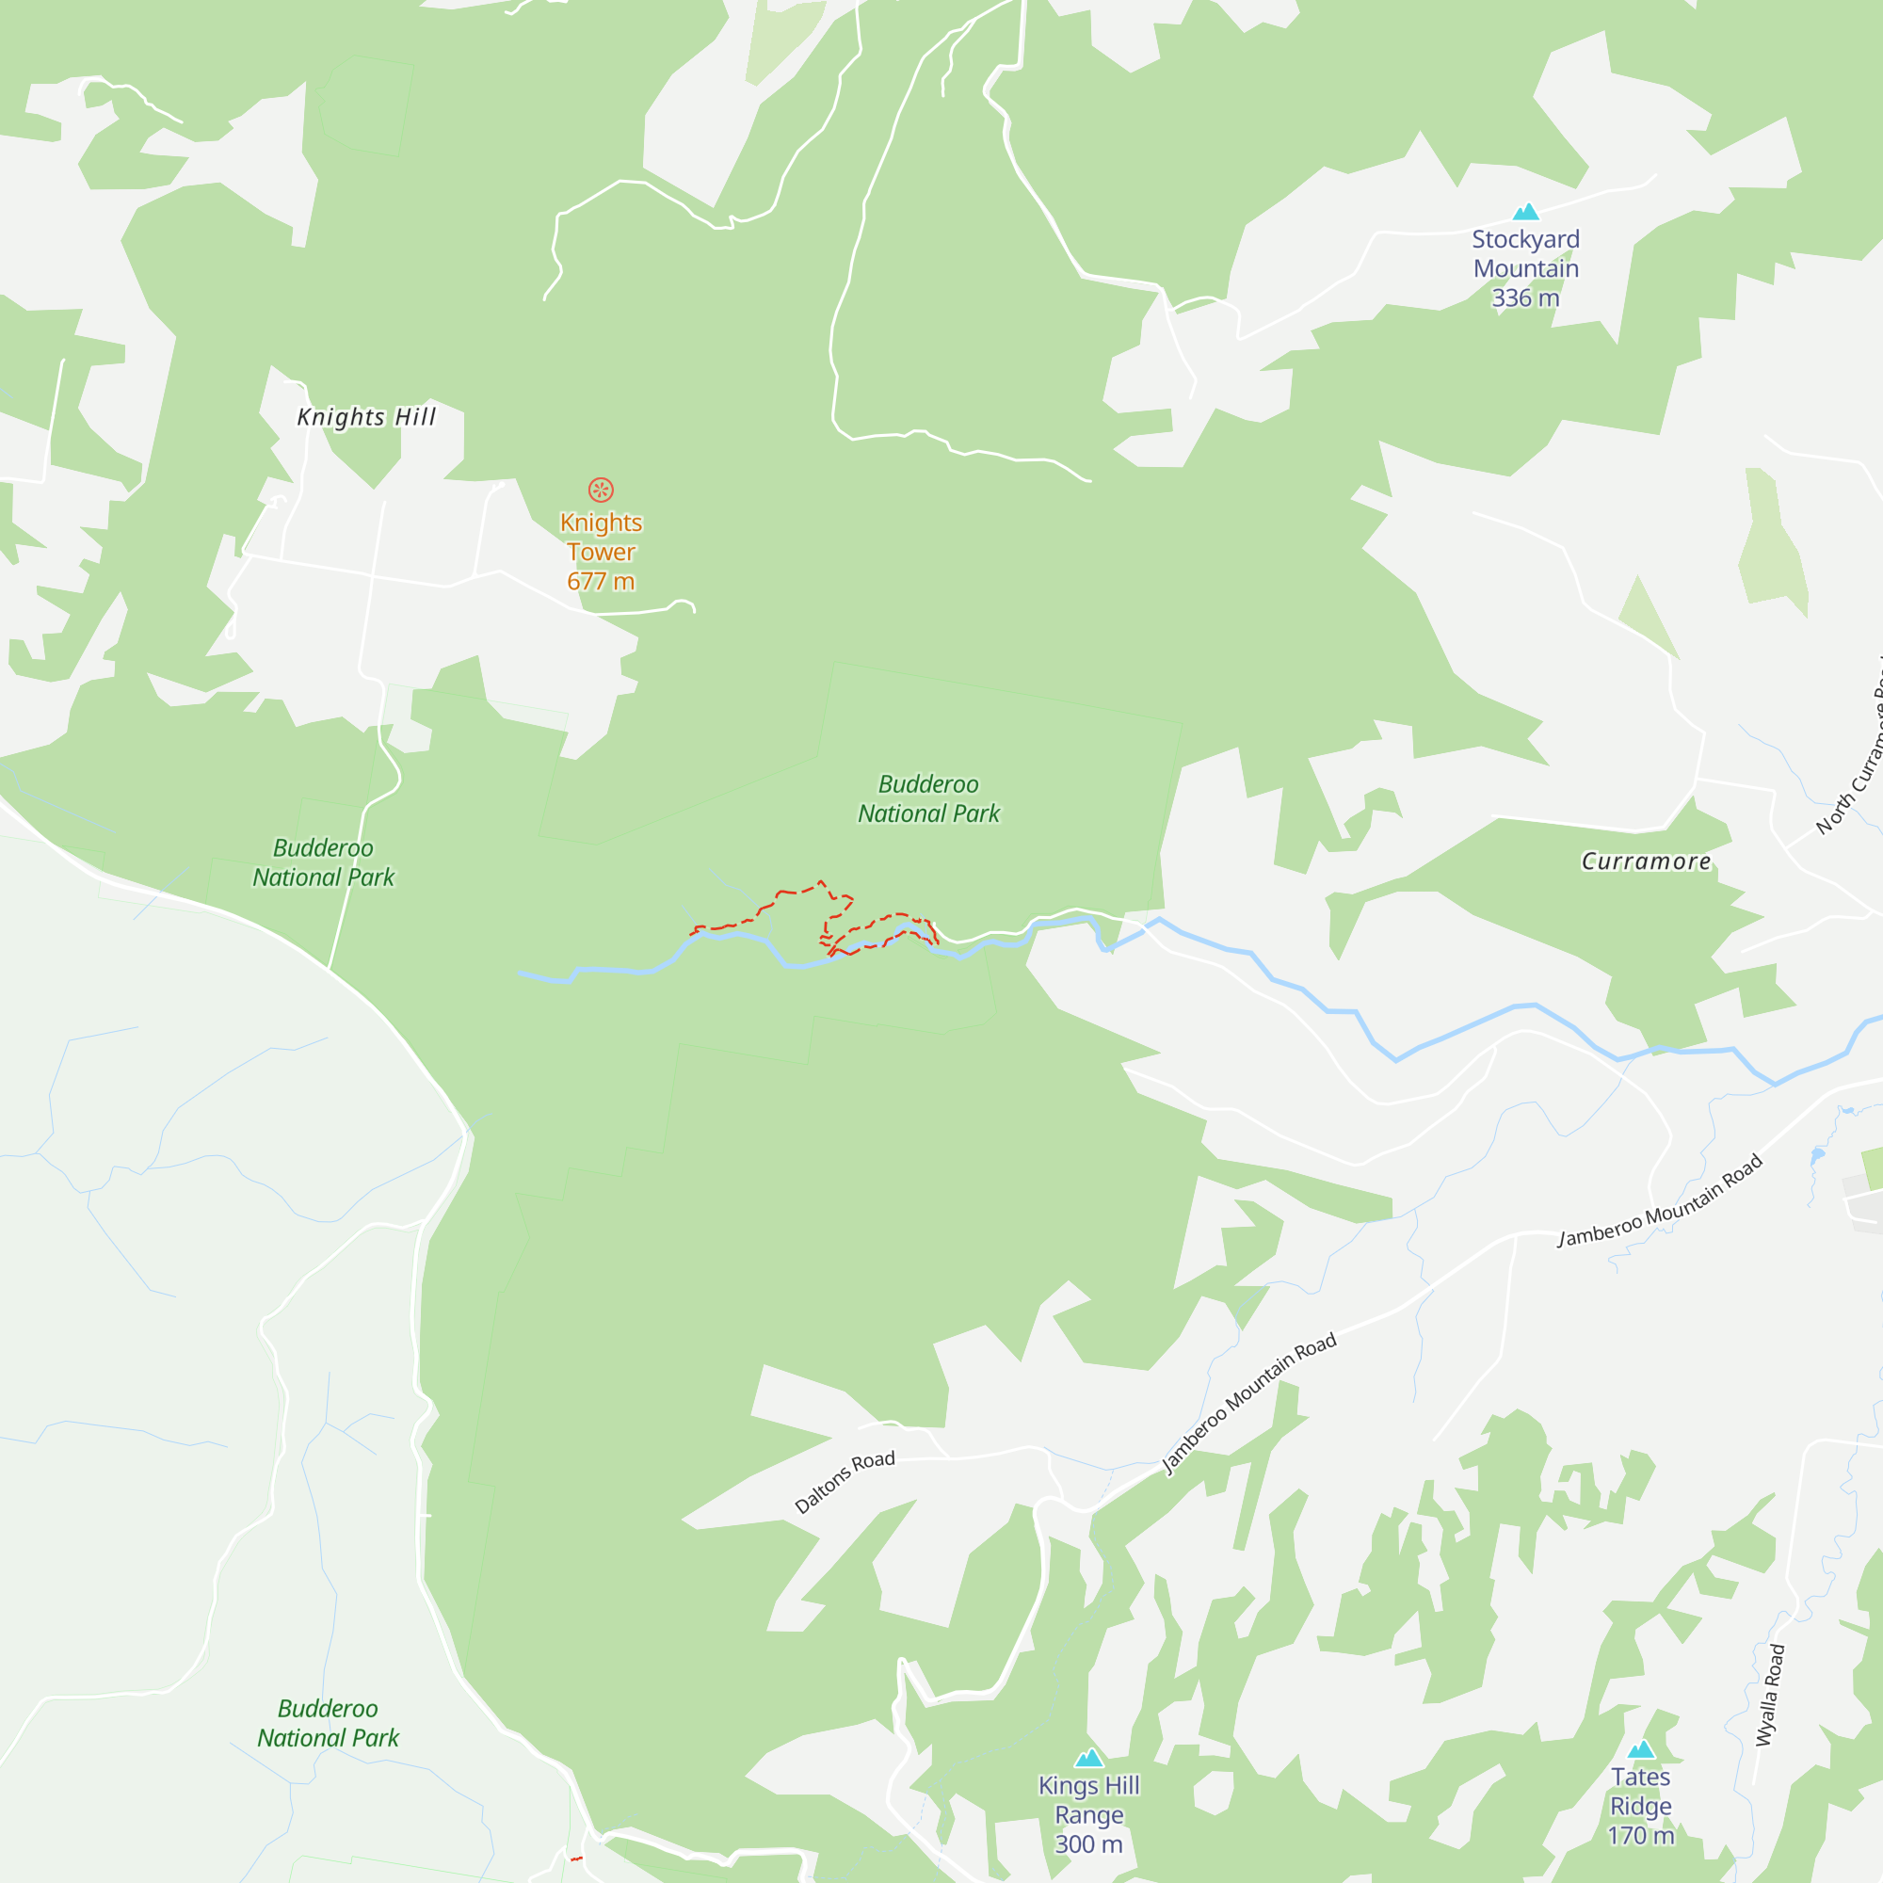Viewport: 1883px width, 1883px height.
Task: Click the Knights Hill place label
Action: pos(366,417)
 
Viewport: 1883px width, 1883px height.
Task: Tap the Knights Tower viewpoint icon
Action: pos(601,490)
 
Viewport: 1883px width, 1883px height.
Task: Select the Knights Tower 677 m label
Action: pos(601,552)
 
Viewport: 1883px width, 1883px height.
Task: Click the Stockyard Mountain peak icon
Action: pos(1525,212)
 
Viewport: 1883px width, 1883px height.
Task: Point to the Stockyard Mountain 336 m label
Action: pos(1525,268)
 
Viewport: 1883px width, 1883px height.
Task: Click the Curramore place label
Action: pos(1645,861)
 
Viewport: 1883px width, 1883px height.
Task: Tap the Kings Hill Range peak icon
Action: pos(1088,1757)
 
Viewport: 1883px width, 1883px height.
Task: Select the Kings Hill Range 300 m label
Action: pos(1088,1814)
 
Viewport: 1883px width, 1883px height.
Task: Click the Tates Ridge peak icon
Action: pos(1641,1748)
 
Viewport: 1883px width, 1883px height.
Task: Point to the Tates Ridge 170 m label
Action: pos(1641,1805)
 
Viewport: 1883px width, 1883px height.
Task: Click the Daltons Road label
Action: pos(844,1481)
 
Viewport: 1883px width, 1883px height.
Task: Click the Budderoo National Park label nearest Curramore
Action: pos(929,798)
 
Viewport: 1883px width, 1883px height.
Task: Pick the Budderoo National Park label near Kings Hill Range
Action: pos(328,1722)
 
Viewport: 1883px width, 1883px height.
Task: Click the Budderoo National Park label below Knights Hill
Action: pos(324,862)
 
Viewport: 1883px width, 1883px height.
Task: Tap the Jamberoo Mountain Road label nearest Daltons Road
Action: pos(1248,1403)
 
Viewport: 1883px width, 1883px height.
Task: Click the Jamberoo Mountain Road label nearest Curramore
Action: pos(1660,1200)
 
